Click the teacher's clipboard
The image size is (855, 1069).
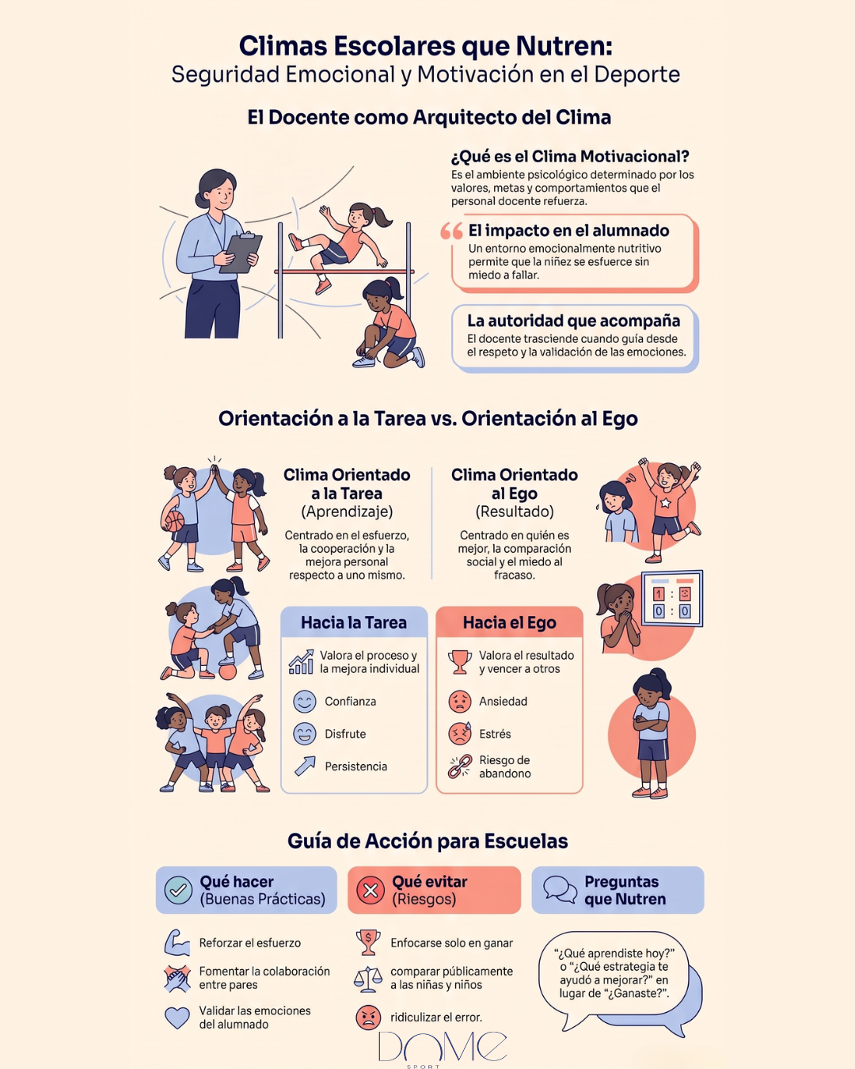(241, 253)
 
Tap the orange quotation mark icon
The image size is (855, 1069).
(451, 231)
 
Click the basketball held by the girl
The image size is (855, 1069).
(174, 521)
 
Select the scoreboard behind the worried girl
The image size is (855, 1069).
(672, 598)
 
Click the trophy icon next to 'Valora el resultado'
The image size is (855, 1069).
(459, 662)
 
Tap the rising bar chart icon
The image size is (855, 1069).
(302, 662)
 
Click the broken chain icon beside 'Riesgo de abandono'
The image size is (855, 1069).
(460, 766)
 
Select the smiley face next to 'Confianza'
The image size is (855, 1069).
(305, 702)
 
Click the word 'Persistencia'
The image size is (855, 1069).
(355, 766)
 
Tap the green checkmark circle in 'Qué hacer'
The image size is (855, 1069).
(178, 890)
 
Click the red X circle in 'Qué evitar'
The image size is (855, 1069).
(370, 890)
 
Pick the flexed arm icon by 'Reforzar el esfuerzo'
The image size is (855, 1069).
(177, 943)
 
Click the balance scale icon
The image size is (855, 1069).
(368, 978)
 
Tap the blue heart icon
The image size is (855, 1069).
(177, 1018)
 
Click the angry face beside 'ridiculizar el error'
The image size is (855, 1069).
(368, 1017)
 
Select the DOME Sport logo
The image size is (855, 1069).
(443, 1048)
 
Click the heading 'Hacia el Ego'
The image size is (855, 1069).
(509, 622)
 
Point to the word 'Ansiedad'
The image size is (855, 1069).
(503, 702)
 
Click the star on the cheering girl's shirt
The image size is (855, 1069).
(665, 503)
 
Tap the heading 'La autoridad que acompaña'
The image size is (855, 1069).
(573, 321)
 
